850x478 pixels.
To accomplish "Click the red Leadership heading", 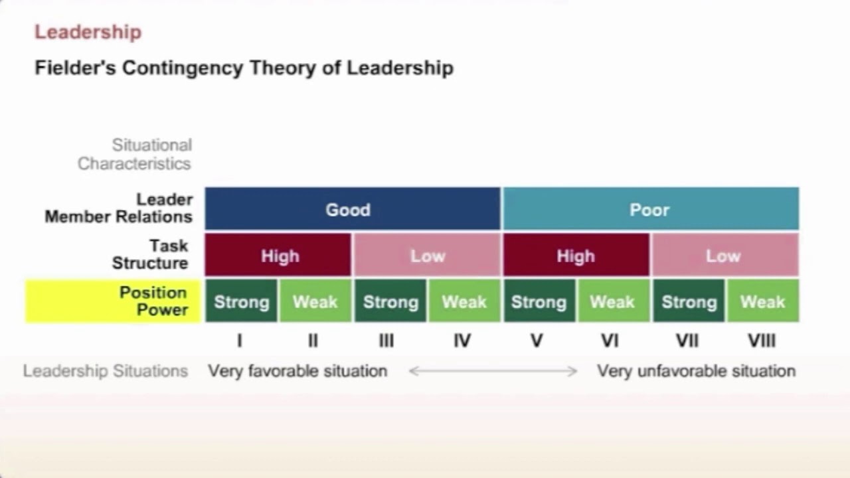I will click(88, 32).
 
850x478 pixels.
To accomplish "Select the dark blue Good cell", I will click(352, 210).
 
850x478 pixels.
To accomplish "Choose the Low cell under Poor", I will click(724, 256).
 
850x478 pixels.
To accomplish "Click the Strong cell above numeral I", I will click(241, 302).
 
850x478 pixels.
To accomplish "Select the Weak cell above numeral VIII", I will click(762, 302).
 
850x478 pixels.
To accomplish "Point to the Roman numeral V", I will click(537, 341).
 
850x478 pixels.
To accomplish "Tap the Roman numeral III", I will click(386, 341).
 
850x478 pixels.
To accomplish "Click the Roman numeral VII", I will click(687, 341).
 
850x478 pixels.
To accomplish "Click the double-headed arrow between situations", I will click(493, 371).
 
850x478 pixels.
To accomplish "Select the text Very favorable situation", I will click(297, 371).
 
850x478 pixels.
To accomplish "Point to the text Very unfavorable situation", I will click(696, 371).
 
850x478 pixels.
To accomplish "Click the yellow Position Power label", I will click(113, 301).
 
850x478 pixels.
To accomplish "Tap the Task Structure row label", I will click(150, 255).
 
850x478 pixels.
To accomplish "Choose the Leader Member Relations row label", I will click(120, 208).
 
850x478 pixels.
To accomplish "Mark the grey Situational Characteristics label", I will click(135, 154).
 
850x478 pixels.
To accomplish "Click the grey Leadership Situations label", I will click(106, 371).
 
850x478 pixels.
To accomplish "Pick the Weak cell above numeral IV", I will click(464, 302).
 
